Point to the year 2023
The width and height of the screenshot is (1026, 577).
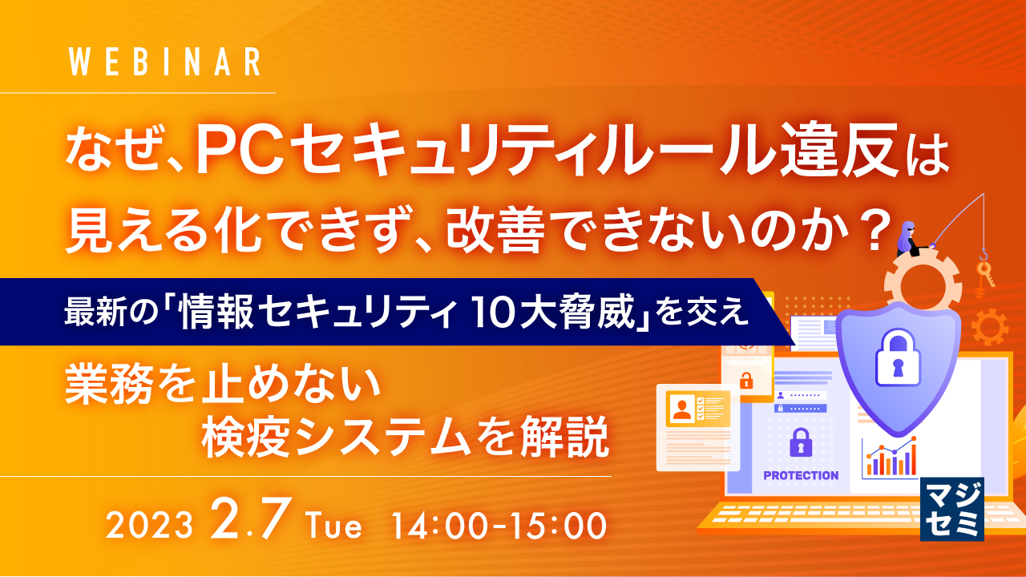pos(150,527)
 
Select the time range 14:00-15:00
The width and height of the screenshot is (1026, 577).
pos(497,527)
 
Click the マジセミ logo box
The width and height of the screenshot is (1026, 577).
pos(951,509)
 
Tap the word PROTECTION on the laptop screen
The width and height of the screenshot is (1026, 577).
pos(801,475)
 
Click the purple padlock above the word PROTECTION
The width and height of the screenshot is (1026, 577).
pos(800,442)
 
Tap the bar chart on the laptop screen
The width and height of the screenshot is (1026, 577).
pos(889,458)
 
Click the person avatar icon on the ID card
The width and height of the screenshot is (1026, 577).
pos(682,410)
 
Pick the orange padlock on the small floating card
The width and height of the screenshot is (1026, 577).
pos(745,379)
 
